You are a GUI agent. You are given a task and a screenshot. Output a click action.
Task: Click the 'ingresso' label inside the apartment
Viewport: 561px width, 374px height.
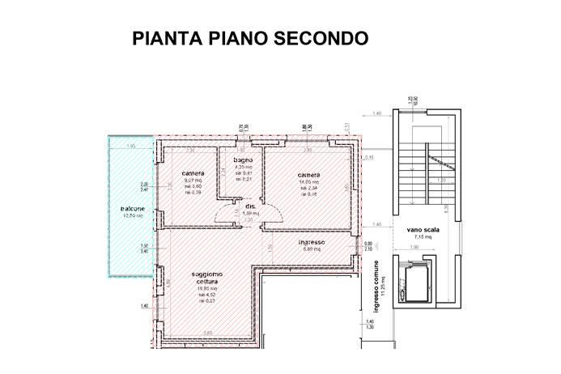coord(312,242)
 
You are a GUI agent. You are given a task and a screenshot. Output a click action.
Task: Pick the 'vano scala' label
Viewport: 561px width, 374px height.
coord(423,230)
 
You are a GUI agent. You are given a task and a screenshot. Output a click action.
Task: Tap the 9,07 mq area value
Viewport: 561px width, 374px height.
coord(193,181)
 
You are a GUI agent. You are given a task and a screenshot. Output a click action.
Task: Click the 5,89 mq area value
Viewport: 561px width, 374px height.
coord(312,249)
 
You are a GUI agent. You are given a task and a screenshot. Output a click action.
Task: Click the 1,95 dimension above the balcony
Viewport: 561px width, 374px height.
coord(130,146)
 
